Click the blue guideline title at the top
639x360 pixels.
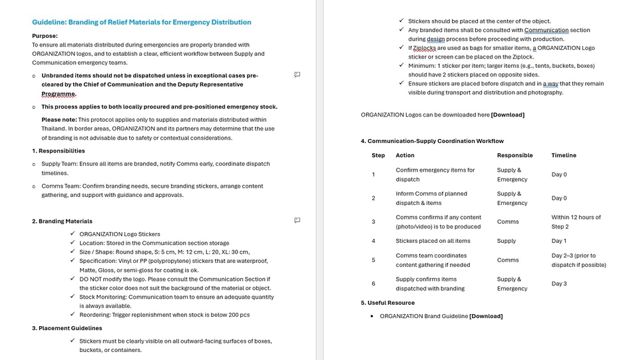142,22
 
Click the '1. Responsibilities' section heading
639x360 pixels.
59,151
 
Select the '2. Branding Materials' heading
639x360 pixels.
62,221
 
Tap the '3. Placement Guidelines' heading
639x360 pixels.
67,328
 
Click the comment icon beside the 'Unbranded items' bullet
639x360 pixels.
297,75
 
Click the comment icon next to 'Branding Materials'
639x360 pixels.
297,220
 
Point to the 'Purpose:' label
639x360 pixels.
45,36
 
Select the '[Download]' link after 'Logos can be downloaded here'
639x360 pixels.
507,114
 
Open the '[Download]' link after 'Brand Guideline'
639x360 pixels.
486,316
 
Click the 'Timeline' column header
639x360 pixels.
564,155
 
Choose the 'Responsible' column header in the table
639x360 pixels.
515,155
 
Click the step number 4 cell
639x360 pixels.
373,241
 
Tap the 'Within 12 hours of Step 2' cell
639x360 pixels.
576,222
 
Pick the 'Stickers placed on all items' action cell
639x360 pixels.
433,241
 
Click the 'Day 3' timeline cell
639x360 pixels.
559,284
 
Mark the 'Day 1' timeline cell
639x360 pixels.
559,241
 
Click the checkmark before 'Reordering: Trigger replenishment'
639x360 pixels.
73,315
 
